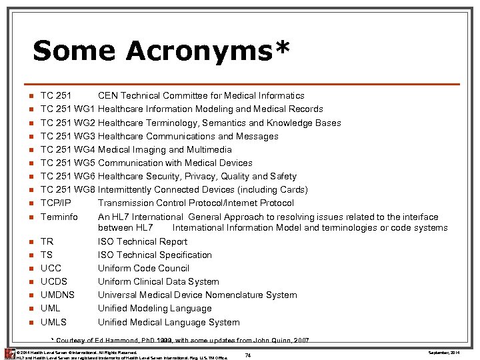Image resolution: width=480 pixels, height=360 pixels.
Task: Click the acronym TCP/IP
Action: pyautogui.click(x=55, y=203)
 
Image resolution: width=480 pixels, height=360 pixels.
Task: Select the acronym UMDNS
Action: pyautogui.click(x=57, y=295)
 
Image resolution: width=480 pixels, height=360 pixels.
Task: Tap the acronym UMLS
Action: pyautogui.click(x=53, y=322)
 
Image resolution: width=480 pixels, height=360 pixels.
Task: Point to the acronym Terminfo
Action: pyautogui.click(x=59, y=217)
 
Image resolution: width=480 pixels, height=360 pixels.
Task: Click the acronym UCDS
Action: pyautogui.click(x=54, y=282)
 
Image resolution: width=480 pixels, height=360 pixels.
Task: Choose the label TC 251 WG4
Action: pyautogui.click(x=68, y=149)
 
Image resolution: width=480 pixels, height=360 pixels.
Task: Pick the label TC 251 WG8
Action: pyautogui.click(x=68, y=189)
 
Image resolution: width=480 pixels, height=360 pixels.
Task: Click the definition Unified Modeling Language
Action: pyautogui.click(x=155, y=309)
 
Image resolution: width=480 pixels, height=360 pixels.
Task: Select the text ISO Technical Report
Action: pyautogui.click(x=143, y=242)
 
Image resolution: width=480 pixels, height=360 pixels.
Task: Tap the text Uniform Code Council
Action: pyautogui.click(x=143, y=269)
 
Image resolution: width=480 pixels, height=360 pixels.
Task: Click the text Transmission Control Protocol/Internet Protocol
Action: pyautogui.click(x=195, y=203)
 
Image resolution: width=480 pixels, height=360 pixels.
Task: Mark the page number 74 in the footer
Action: pyautogui.click(x=247, y=355)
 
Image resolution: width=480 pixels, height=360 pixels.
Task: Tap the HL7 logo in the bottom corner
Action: pyautogui.click(x=8, y=353)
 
